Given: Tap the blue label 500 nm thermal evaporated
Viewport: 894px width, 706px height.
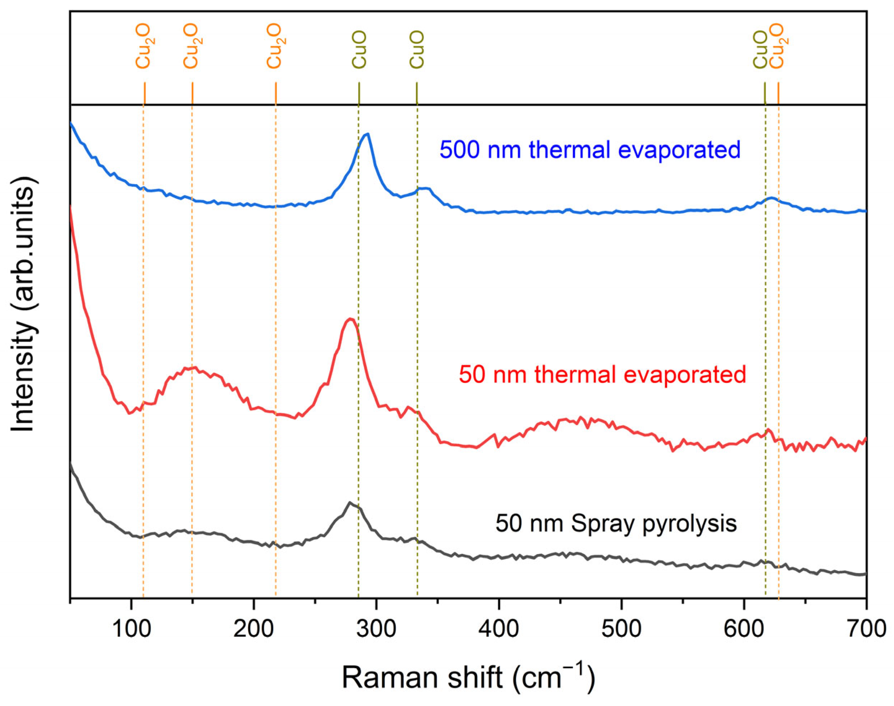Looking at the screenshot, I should (x=590, y=149).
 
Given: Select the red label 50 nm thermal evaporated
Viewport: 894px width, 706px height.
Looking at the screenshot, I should (x=602, y=375).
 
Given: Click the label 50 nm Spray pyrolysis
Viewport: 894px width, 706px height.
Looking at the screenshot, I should (x=616, y=523).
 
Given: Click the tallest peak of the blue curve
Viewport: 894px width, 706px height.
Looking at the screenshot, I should (x=367, y=134).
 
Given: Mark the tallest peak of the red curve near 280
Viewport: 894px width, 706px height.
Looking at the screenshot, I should (x=350, y=319).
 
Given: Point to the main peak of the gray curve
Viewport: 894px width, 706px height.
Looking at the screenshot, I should (x=350, y=502).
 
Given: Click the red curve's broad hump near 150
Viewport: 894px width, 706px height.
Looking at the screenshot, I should (x=191, y=367).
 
